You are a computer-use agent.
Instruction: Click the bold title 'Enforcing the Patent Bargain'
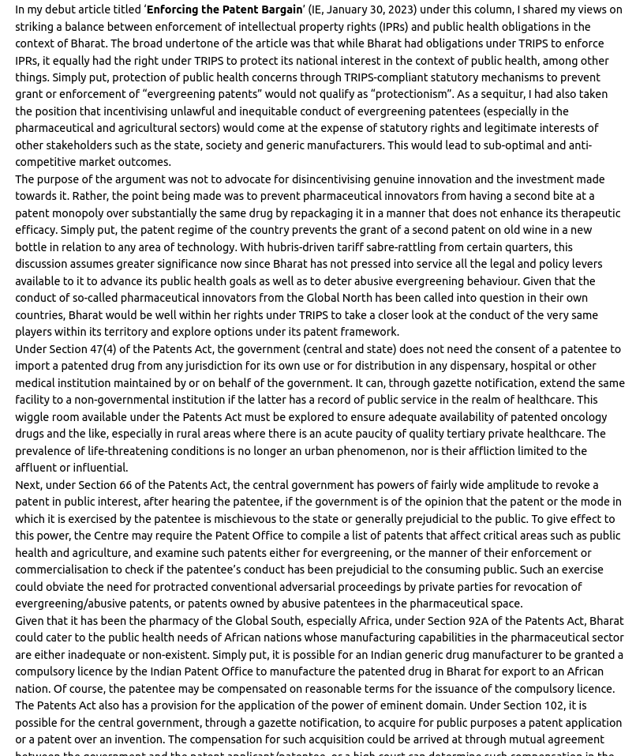click(x=224, y=9)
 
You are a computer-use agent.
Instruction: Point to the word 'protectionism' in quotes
click(x=410, y=94)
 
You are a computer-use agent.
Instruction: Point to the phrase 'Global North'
click(x=339, y=298)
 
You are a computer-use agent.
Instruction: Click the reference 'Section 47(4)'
click(x=81, y=349)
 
